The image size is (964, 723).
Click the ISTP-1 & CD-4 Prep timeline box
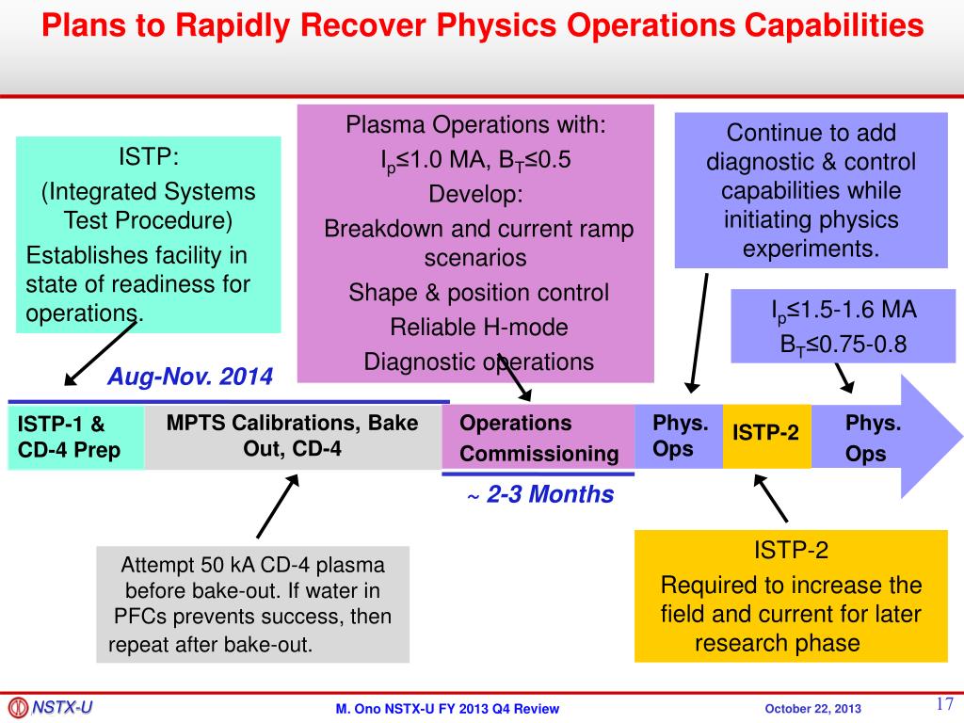[x=75, y=437]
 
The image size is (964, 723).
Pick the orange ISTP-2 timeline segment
[x=765, y=434]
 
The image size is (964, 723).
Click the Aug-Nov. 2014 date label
[x=190, y=378]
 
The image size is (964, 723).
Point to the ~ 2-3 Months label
[x=540, y=494]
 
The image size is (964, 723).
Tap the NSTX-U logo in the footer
[x=51, y=707]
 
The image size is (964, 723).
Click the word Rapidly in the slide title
[x=246, y=25]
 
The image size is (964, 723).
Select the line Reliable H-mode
[x=479, y=327]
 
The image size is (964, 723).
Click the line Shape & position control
[x=479, y=292]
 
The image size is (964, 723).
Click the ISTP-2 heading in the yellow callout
[x=791, y=550]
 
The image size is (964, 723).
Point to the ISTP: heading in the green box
[x=148, y=155]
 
